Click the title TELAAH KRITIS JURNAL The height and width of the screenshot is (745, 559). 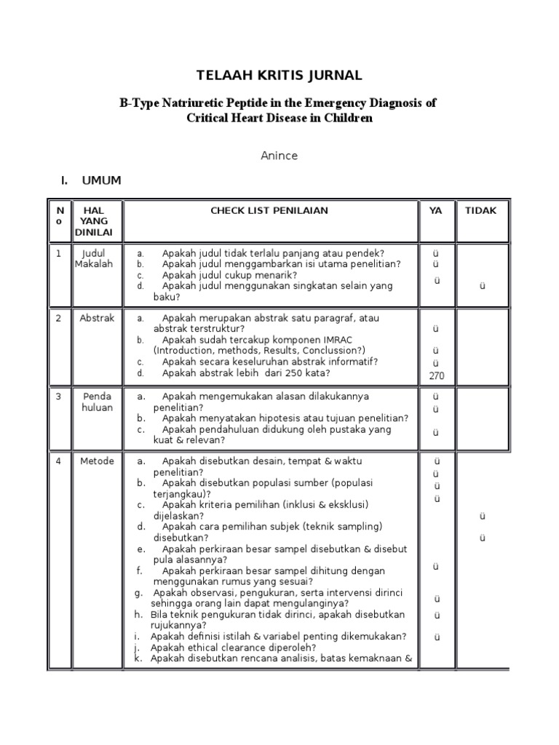[x=279, y=76]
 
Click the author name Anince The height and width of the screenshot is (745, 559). [x=279, y=156]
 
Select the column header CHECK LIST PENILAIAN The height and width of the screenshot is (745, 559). [x=269, y=211]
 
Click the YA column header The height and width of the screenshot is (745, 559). [x=435, y=211]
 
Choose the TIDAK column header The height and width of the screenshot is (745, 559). [x=481, y=211]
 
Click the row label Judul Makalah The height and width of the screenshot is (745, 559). [x=94, y=259]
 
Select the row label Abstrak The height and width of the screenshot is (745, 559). [x=97, y=319]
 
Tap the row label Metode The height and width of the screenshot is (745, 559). [x=97, y=461]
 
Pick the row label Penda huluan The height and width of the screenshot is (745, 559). [x=97, y=402]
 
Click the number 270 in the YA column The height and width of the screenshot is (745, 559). [x=436, y=376]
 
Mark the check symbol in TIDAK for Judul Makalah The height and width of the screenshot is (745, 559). [x=482, y=286]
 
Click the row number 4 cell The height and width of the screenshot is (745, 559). [x=59, y=461]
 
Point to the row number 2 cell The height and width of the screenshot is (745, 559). [x=59, y=319]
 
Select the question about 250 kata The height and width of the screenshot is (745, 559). [x=246, y=373]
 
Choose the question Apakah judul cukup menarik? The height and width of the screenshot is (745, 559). [x=229, y=275]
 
